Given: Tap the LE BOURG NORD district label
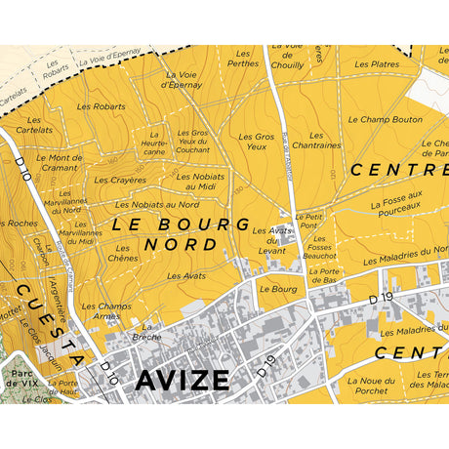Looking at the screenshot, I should pos(181,234).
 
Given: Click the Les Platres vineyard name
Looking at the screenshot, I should pos(378,64).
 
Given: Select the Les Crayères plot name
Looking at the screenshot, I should pos(121,181).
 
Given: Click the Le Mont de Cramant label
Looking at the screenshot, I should pos(59,162).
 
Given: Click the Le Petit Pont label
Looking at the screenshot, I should pos(308,221).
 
